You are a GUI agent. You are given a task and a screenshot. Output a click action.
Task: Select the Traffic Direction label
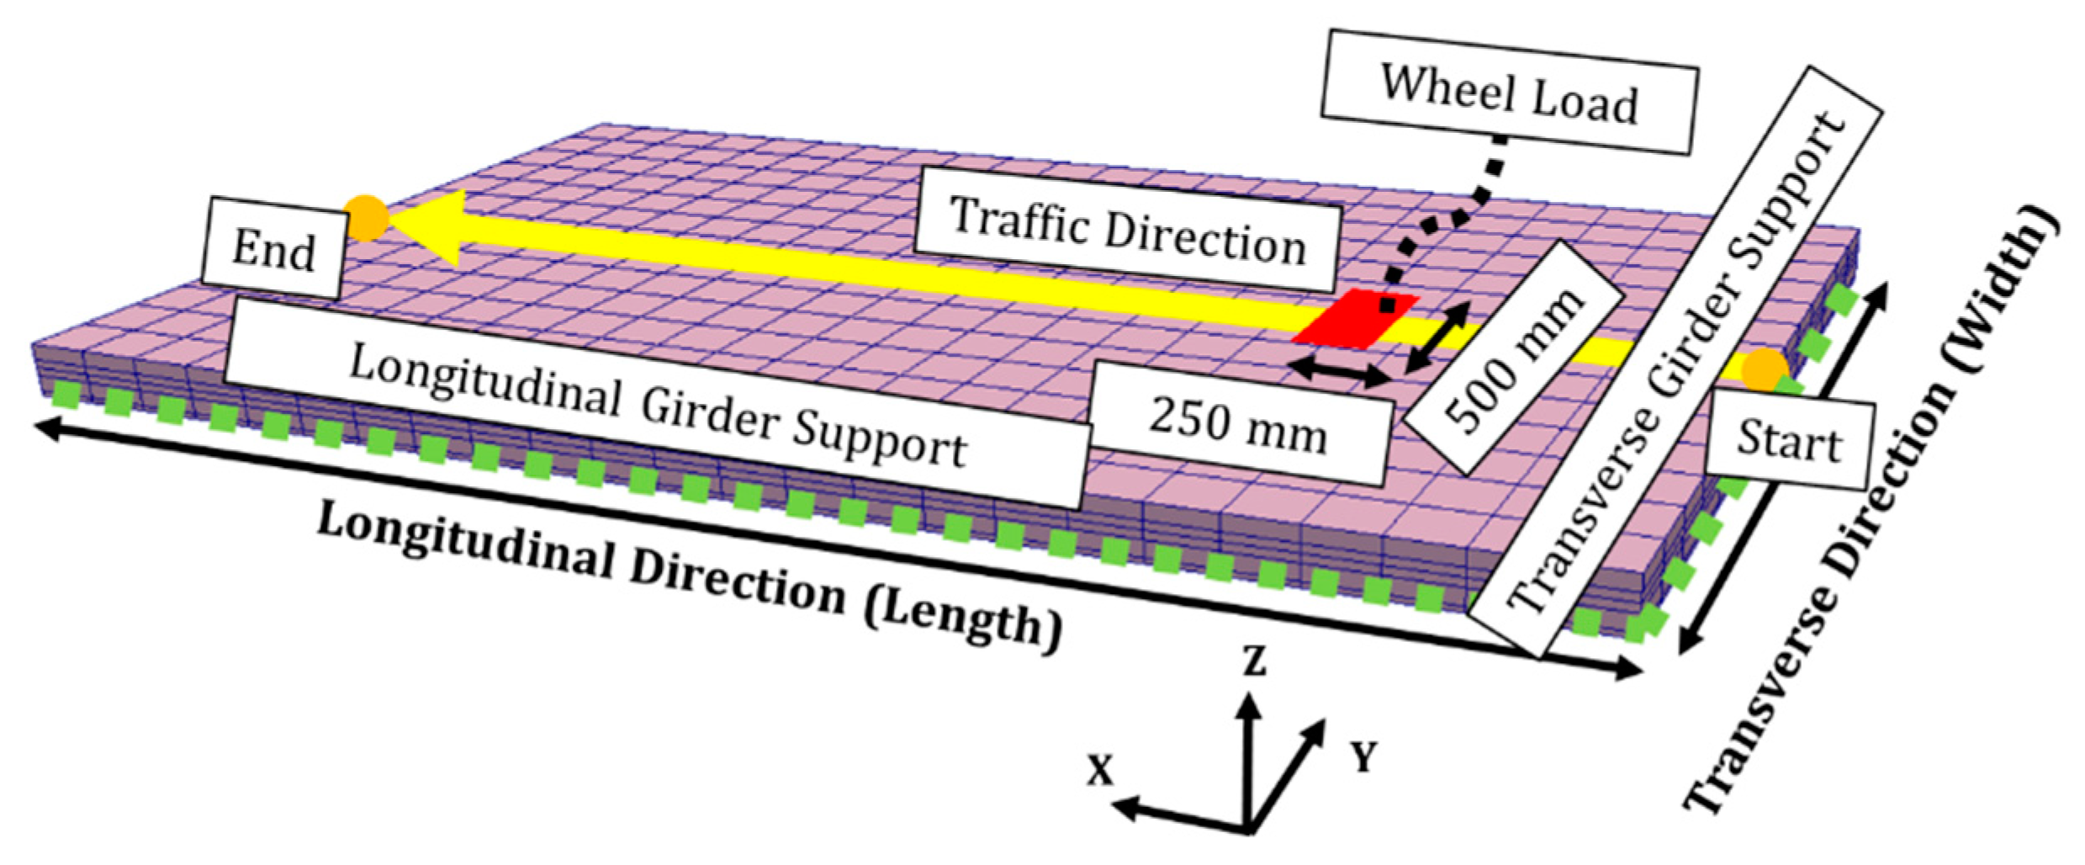(1127, 230)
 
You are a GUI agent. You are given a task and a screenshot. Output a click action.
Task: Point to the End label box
(273, 248)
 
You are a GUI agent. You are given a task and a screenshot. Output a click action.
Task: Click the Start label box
(1789, 441)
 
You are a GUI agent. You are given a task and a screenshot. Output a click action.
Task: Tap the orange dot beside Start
(1764, 370)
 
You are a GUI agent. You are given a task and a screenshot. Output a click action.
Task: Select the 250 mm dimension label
(1238, 424)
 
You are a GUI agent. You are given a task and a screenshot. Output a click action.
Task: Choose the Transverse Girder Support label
(1674, 362)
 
